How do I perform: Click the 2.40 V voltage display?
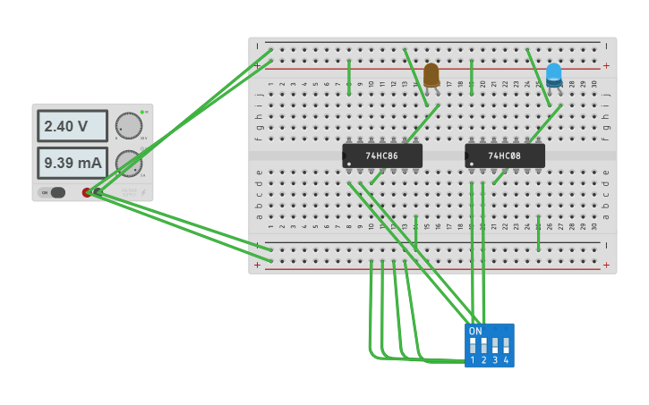tap(72, 126)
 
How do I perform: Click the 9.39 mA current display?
tap(72, 163)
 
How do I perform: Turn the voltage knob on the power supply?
tap(129, 126)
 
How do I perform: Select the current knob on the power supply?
tap(129, 163)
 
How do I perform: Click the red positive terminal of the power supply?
tap(88, 192)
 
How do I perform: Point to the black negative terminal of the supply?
tap(98, 192)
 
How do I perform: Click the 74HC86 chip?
tap(382, 156)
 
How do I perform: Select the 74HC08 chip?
tap(505, 156)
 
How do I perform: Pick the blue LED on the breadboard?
tap(554, 74)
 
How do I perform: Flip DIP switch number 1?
tap(473, 344)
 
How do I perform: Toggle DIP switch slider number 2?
tap(483, 344)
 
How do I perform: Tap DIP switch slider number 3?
tap(495, 344)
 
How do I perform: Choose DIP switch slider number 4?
tap(506, 344)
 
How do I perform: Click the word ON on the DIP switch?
tap(475, 331)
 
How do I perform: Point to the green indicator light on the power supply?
tap(141, 112)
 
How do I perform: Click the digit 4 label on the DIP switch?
tap(506, 360)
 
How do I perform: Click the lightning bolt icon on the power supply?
tap(143, 192)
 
